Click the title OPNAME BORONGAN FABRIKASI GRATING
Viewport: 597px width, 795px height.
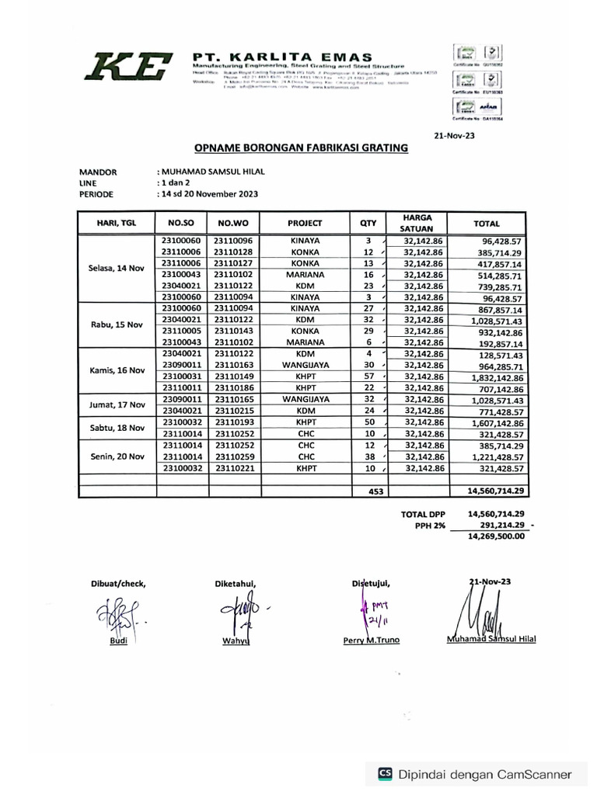coord(299,147)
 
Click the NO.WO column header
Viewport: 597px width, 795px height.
coord(232,223)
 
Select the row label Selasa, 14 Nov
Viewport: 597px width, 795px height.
coord(117,269)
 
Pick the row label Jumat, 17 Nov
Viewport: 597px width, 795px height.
coord(117,404)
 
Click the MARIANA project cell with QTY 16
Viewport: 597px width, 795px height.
coord(305,275)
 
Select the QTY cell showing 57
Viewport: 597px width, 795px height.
coord(368,377)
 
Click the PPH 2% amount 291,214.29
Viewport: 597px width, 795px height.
coord(496,525)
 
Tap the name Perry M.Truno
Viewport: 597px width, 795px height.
coord(371,641)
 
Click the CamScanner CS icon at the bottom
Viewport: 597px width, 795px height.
coord(384,773)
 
